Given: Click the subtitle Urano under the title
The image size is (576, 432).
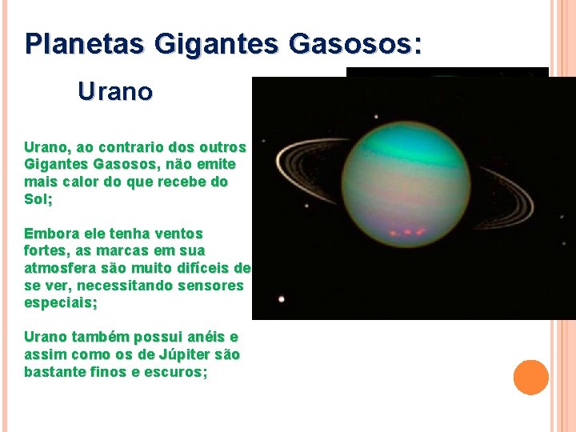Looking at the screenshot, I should point(115,93).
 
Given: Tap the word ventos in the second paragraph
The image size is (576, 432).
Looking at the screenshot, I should point(177,234).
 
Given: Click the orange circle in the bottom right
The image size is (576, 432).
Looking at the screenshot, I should point(530,378).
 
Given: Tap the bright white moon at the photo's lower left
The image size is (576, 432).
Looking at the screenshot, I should point(281,299).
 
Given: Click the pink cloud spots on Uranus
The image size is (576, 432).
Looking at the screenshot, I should point(404,232).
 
